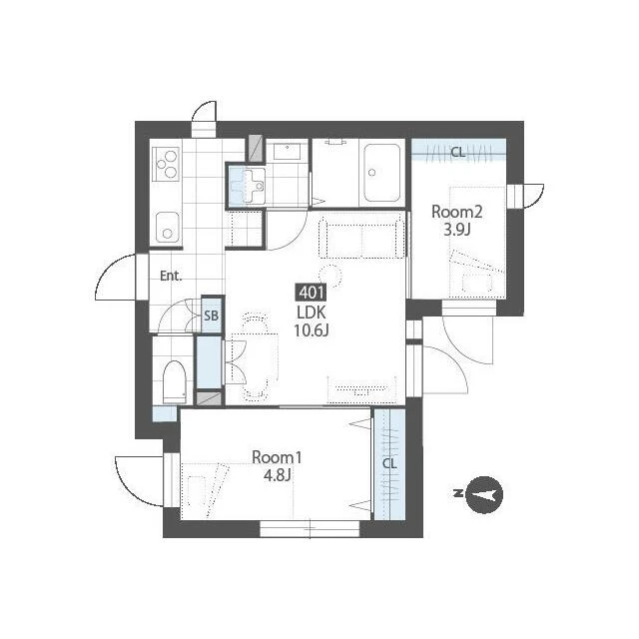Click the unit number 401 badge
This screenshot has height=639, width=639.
click(312, 293)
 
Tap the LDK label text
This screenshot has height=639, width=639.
click(312, 313)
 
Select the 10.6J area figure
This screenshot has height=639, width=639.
click(312, 330)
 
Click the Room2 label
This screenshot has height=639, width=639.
click(457, 212)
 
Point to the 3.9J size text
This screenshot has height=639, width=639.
click(457, 231)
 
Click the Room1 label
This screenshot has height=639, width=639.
click(277, 457)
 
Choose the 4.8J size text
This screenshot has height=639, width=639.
click(277, 475)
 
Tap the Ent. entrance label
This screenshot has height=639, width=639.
click(171, 276)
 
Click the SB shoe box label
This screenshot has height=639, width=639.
click(211, 316)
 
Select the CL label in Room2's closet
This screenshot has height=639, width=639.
click(458, 153)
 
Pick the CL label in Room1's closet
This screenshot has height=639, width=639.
click(389, 463)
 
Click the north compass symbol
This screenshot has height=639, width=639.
click(483, 494)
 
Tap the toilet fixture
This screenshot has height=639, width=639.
click(174, 381)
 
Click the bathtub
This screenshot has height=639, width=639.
click(381, 173)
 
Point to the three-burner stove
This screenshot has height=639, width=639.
click(166, 164)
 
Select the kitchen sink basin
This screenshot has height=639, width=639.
click(167, 229)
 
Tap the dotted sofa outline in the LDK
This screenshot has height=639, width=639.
click(361, 238)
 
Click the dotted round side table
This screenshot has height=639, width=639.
click(330, 275)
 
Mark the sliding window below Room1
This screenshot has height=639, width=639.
click(310, 529)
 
